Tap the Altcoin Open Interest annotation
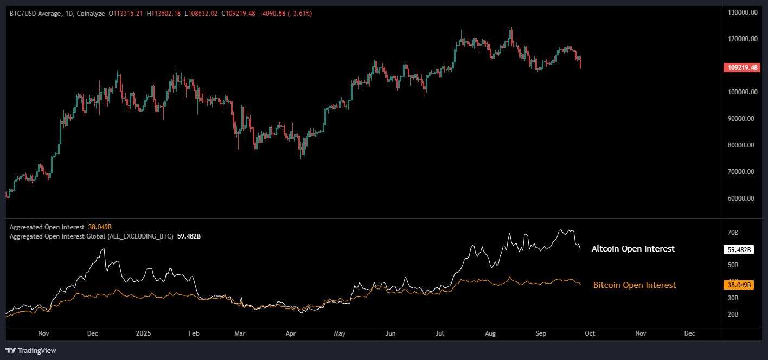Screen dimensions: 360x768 pos(633,249)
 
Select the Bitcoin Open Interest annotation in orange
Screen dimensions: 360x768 pos(635,285)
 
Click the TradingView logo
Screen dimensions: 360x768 pos(31,351)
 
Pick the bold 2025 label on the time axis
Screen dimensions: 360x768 pos(142,333)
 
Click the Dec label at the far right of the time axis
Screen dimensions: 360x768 pos(690,333)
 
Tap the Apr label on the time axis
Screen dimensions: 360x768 pos(290,333)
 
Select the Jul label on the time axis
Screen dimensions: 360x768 pos(440,333)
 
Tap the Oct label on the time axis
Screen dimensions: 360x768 pos(591,333)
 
